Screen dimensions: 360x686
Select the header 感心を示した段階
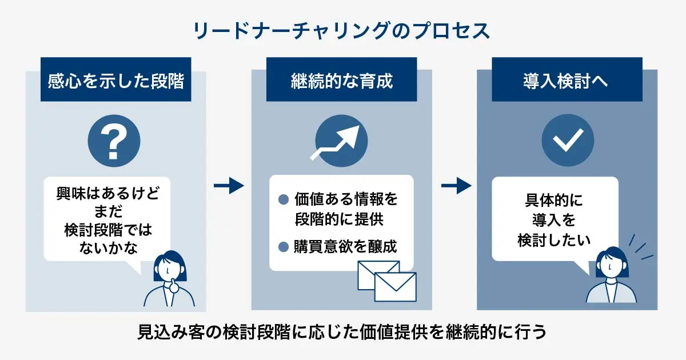[115, 81]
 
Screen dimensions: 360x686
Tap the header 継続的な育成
[342, 81]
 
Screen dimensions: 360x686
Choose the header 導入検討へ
[567, 81]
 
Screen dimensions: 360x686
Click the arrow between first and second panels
[229, 186]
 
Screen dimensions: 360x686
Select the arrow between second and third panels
[456, 186]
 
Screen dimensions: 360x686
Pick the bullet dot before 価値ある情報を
[283, 199]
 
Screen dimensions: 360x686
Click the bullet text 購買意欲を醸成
[345, 247]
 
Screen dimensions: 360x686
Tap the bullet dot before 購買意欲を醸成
[283, 247]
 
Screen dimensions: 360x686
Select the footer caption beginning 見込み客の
[342, 333]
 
